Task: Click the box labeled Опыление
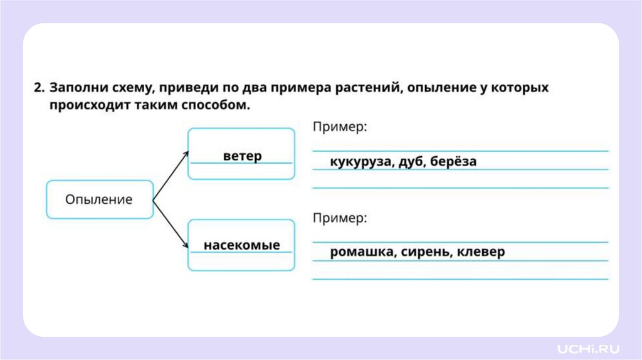point(99,199)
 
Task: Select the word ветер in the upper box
point(242,156)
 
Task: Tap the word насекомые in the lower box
point(241,245)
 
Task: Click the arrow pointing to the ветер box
point(171,175)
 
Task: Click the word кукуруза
point(362,161)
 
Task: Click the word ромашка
point(361,252)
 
